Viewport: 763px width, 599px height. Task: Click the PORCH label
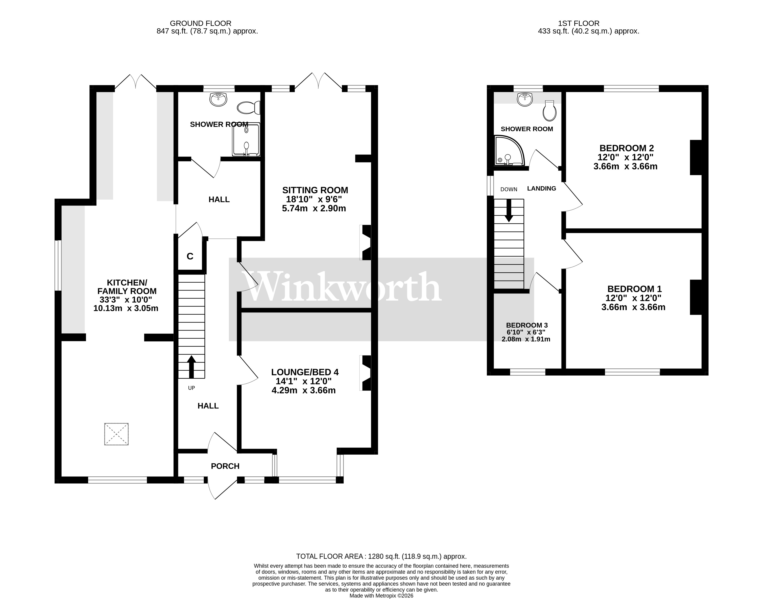click(225, 466)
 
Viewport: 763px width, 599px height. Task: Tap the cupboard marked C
click(190, 256)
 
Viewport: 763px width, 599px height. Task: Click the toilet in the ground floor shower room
click(248, 108)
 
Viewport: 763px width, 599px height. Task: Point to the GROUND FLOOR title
click(200, 24)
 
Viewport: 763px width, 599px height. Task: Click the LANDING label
click(541, 188)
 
